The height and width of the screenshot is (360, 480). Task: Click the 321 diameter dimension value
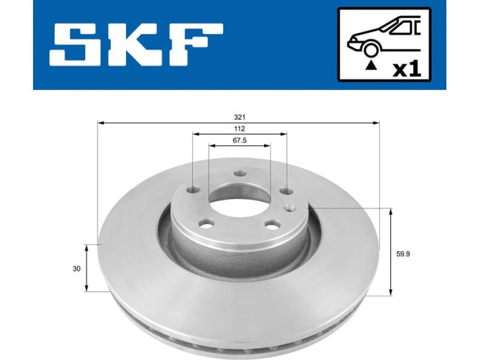click(x=240, y=117)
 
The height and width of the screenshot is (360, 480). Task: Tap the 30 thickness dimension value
click(x=76, y=269)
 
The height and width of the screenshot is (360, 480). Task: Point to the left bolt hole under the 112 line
click(x=193, y=190)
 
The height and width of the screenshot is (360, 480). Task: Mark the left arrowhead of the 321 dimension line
click(x=100, y=122)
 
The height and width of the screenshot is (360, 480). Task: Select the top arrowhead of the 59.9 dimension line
click(x=391, y=212)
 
